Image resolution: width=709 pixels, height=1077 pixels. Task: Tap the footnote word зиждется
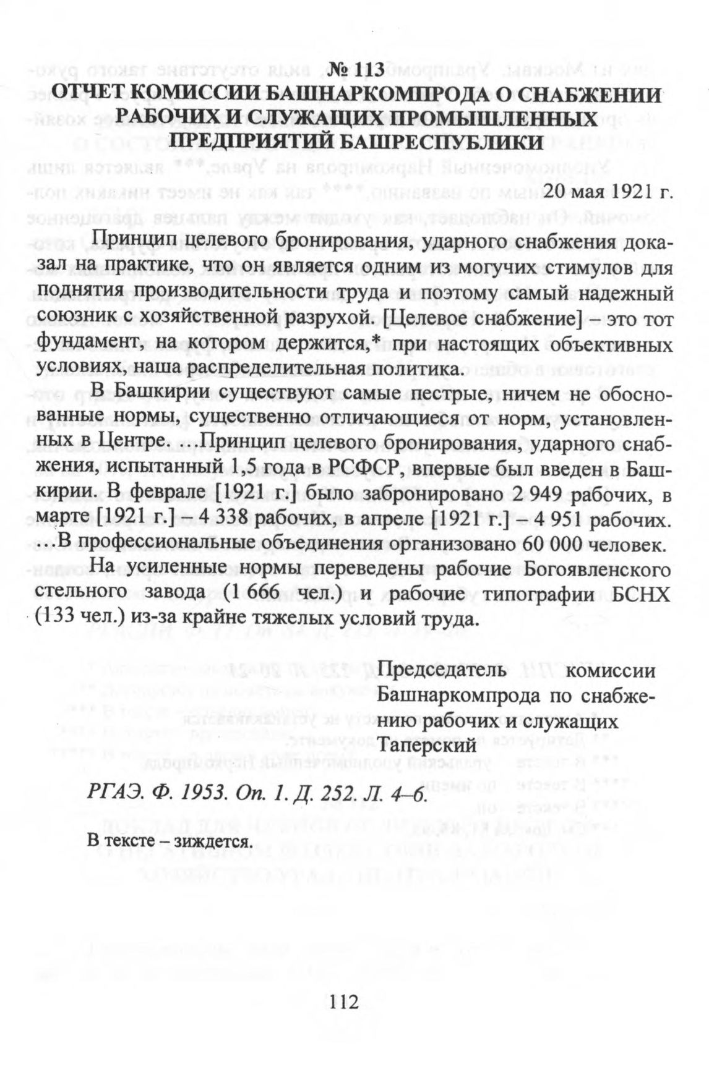(213, 841)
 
